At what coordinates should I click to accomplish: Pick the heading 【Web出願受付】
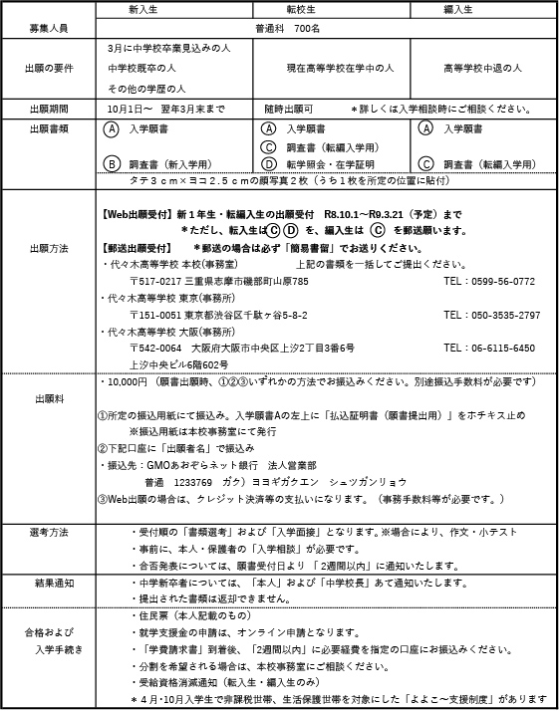[x=137, y=214]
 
